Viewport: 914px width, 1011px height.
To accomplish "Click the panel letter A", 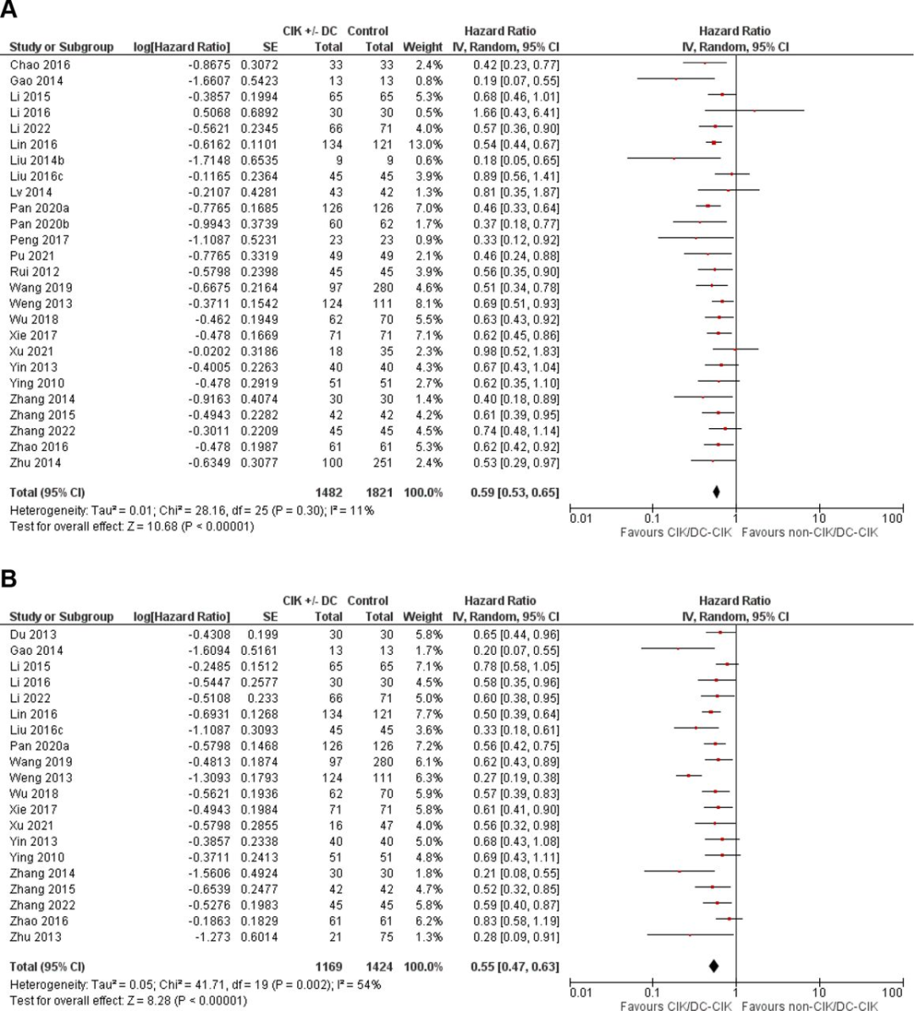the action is [x=9, y=10].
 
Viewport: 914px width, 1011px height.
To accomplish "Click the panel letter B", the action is [x=9, y=579].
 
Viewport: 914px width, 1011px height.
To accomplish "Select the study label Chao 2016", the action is [x=40, y=65].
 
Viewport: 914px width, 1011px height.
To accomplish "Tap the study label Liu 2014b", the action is [x=36, y=161].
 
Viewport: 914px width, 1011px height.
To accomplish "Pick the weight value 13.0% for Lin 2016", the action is [x=425, y=145].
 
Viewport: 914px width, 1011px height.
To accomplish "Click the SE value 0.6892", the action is [x=259, y=113].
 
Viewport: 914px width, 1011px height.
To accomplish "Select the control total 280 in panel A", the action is [x=383, y=288].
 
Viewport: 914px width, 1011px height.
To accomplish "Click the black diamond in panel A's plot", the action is [x=716, y=492].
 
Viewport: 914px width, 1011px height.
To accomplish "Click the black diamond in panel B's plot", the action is [x=713, y=966].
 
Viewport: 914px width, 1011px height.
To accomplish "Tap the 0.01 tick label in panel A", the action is [x=581, y=519].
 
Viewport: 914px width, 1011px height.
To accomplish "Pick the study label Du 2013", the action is [x=33, y=635].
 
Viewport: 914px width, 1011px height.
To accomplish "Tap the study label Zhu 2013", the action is [x=36, y=937].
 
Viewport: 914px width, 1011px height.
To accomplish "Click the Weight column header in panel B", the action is [x=422, y=617].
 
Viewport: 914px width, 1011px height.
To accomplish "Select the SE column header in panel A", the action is [x=270, y=47].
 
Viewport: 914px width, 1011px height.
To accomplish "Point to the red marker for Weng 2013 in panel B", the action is [x=688, y=776].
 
